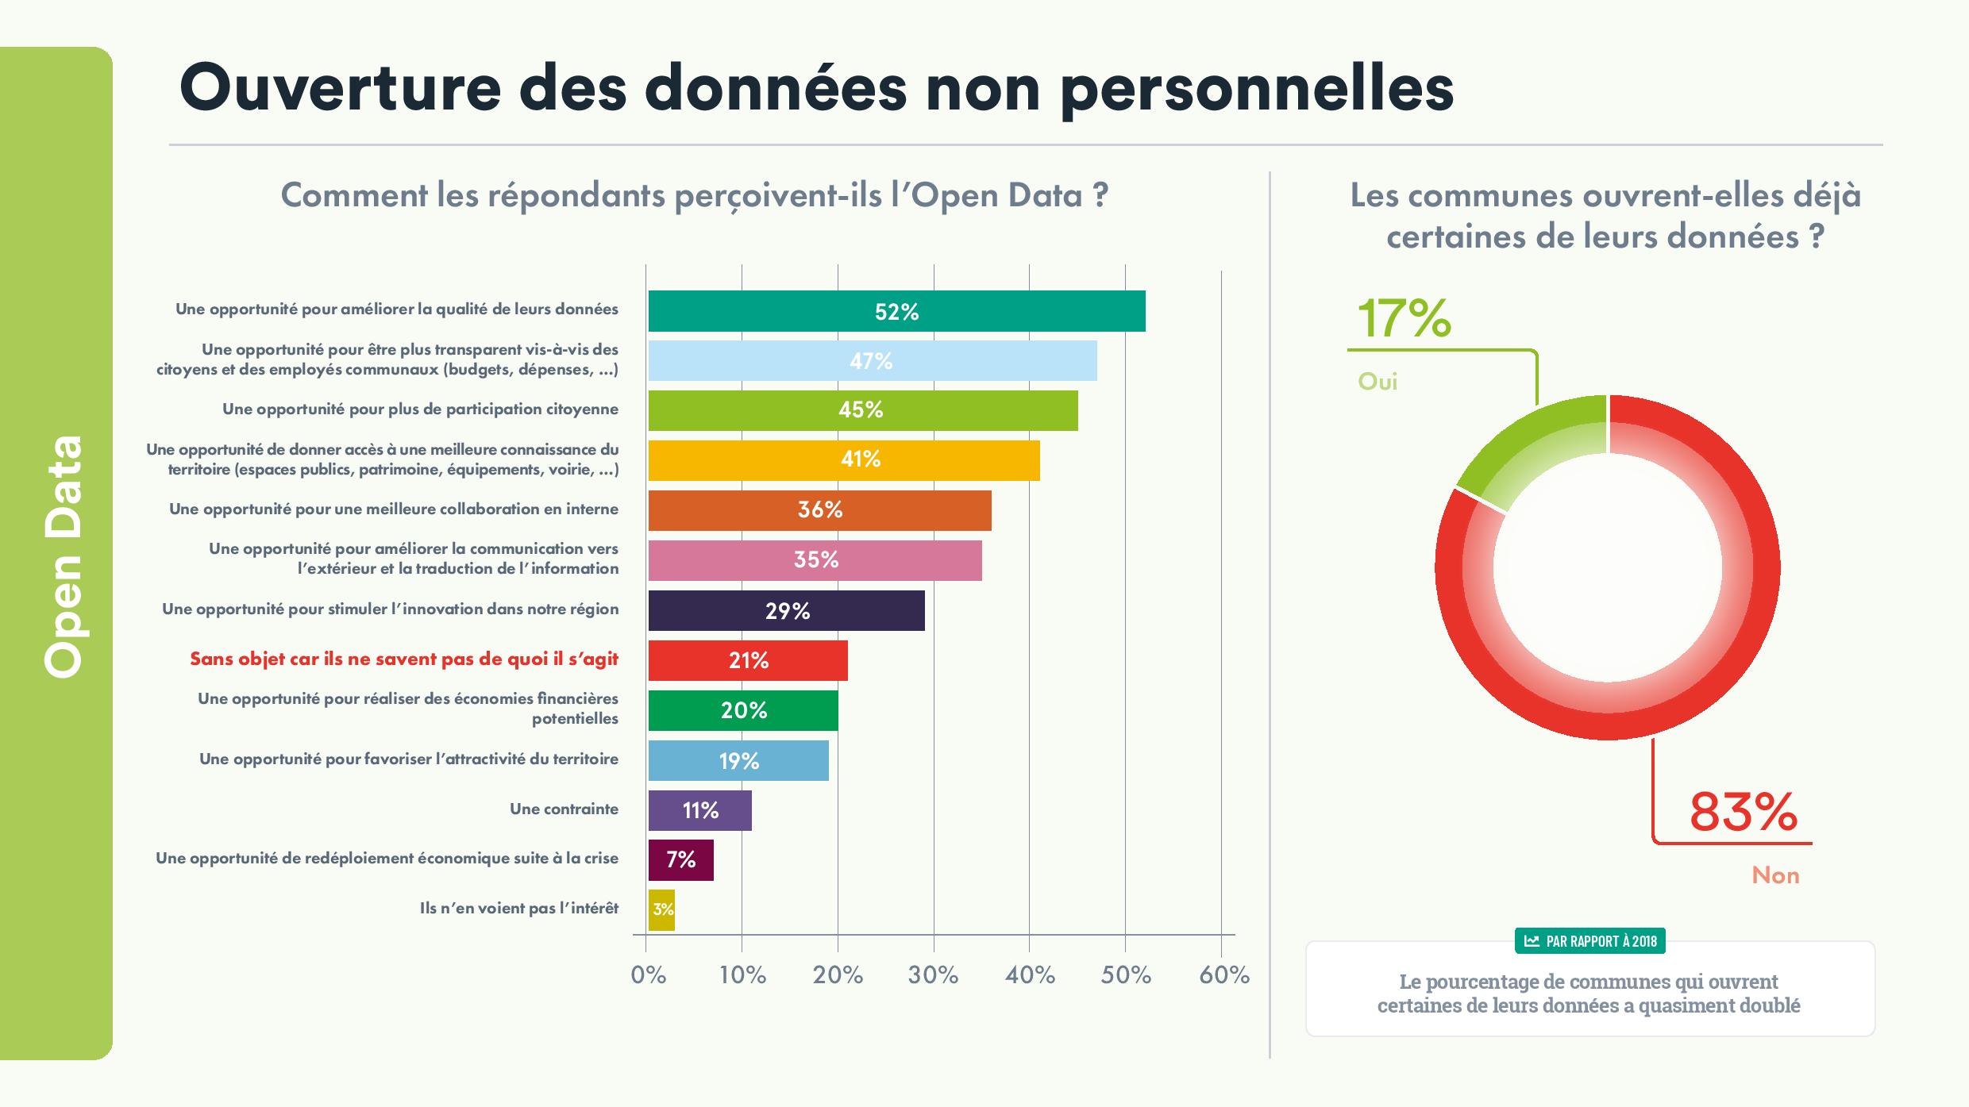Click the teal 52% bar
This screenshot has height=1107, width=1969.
pos(896,311)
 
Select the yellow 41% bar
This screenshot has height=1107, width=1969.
pos(843,460)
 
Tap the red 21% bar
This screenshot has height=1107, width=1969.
pos(747,660)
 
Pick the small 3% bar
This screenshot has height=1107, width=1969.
pos(661,909)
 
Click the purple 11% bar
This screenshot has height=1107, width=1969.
pos(699,810)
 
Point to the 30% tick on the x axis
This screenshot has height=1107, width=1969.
pos(933,975)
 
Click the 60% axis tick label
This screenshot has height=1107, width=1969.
pos(1223,975)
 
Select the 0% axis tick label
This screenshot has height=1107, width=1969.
pos(648,975)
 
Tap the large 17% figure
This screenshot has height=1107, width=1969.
pos(1404,319)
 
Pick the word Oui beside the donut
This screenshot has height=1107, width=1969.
pos(1378,382)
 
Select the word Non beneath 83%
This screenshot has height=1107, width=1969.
pos(1775,875)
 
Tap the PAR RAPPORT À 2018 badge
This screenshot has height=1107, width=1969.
pos(1590,941)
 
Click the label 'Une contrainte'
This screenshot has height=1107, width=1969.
pos(564,809)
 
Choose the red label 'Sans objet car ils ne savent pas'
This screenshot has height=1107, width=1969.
pos(403,659)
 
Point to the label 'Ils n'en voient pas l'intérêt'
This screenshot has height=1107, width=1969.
pos(518,909)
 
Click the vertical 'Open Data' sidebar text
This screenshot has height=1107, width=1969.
pos(64,555)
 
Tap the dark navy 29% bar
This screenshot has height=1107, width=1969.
pos(786,611)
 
